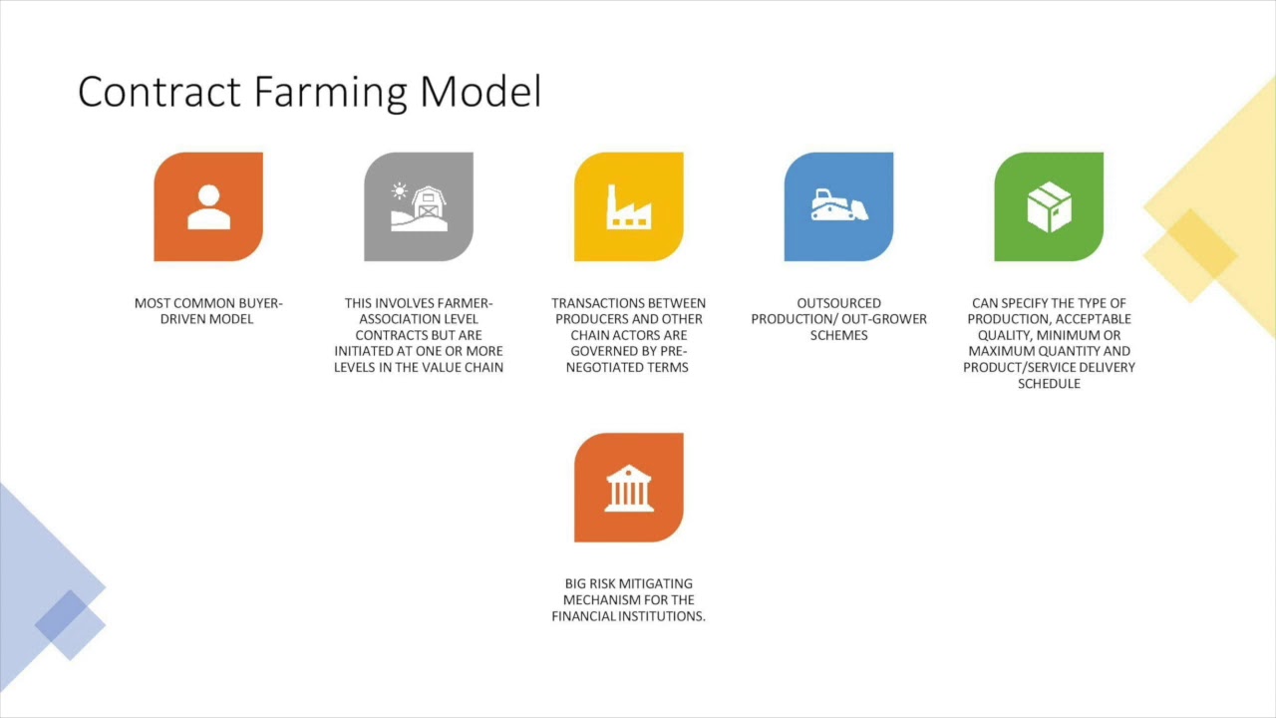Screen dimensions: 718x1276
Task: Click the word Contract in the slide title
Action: click(160, 93)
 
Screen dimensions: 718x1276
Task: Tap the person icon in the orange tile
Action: click(208, 207)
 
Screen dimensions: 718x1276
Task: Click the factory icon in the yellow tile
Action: click(629, 206)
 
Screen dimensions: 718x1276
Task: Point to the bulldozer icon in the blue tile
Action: click(838, 205)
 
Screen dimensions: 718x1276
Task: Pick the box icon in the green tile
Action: click(1049, 206)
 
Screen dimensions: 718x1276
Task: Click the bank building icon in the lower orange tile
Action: click(629, 488)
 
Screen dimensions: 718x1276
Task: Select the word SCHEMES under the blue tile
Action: click(838, 335)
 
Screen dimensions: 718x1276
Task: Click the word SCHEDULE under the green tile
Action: click(1049, 383)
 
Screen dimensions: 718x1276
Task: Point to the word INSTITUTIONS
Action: click(660, 616)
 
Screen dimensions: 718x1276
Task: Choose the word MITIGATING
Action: click(656, 584)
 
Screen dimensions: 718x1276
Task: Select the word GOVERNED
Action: click(607, 351)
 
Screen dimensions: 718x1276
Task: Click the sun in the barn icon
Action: click(400, 190)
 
